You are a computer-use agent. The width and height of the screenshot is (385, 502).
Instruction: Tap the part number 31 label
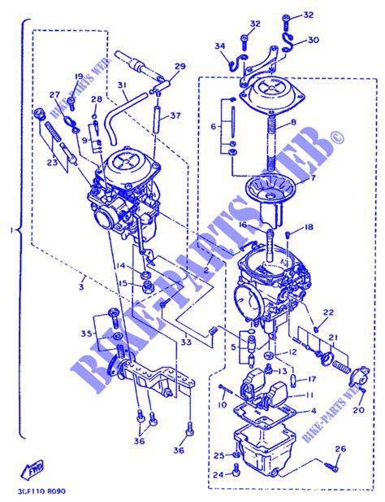click(121, 86)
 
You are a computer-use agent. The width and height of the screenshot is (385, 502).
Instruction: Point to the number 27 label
click(54, 94)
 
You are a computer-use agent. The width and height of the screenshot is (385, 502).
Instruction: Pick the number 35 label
click(87, 333)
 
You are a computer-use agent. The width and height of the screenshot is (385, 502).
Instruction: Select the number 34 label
click(218, 47)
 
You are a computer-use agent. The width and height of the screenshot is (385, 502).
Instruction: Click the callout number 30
click(314, 39)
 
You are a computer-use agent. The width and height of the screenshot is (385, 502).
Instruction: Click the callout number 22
click(328, 312)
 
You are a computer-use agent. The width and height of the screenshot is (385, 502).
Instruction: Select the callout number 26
click(340, 448)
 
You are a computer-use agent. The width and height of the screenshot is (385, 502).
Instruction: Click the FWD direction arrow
click(36, 469)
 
